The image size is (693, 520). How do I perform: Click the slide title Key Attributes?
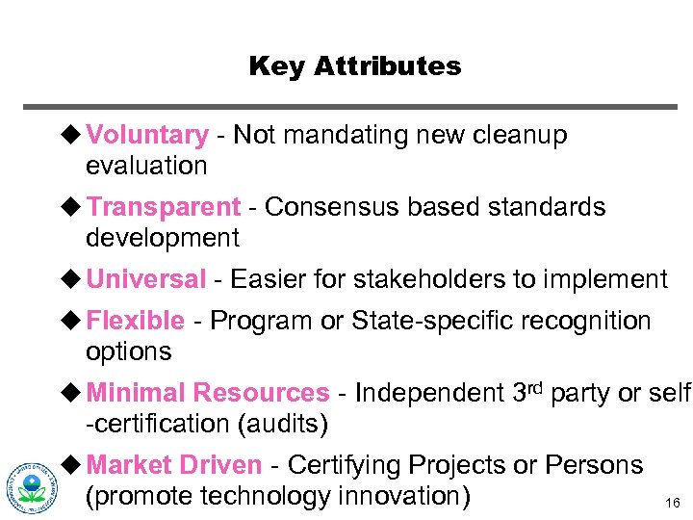[354, 66]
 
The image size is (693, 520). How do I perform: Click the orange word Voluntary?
[146, 136]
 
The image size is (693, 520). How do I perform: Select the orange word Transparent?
[163, 207]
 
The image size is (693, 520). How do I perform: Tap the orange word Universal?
[146, 279]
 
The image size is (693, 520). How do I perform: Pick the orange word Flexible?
[135, 321]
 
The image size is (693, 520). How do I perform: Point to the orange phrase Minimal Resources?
[208, 393]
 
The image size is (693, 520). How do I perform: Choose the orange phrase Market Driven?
[173, 465]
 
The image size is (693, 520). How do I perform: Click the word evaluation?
[146, 166]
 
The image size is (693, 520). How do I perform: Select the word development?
[163, 237]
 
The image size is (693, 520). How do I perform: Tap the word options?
[128, 351]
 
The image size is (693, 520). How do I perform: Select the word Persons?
[593, 465]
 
